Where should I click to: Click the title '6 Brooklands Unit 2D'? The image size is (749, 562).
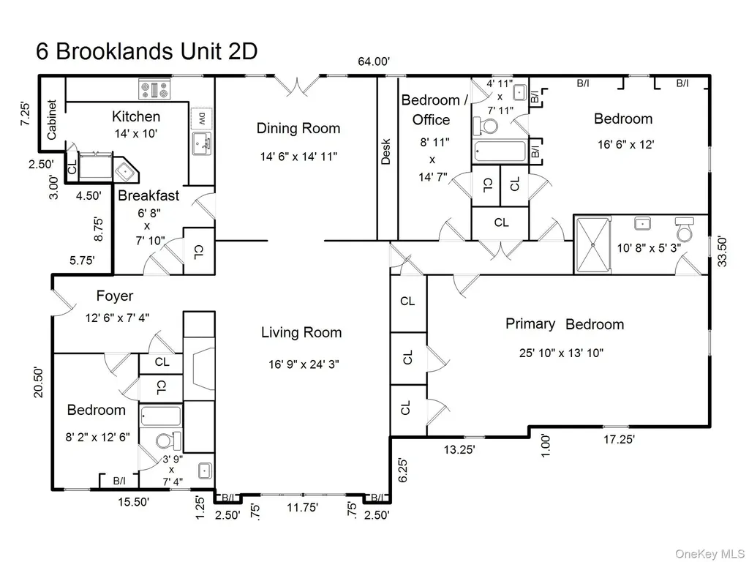pos(146,52)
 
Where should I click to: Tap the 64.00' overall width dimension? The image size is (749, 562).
pos(374,61)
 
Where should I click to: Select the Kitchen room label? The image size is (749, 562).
pos(136,116)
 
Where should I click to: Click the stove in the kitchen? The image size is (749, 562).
pos(155,89)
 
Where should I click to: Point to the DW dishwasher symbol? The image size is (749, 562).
pos(202,117)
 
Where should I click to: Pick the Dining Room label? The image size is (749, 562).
pos(298,128)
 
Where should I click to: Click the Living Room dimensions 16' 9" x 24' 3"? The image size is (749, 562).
pos(304,364)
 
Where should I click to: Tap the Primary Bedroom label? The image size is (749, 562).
pos(565,324)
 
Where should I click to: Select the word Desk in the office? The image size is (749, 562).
pos(386,151)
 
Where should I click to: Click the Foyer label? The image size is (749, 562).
pos(115,296)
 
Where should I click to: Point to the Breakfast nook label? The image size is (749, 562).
pos(148,195)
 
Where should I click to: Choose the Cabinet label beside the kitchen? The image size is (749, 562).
pos(52,119)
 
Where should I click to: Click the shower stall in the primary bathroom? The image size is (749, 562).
pos(592,245)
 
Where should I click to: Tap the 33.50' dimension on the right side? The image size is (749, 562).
pos(722,252)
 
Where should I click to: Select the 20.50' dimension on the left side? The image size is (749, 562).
pos(39,382)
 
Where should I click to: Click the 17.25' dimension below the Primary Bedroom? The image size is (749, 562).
pos(619,439)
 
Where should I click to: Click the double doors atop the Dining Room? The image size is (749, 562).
pos(299,85)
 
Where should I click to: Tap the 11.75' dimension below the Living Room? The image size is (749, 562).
pos(303,507)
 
